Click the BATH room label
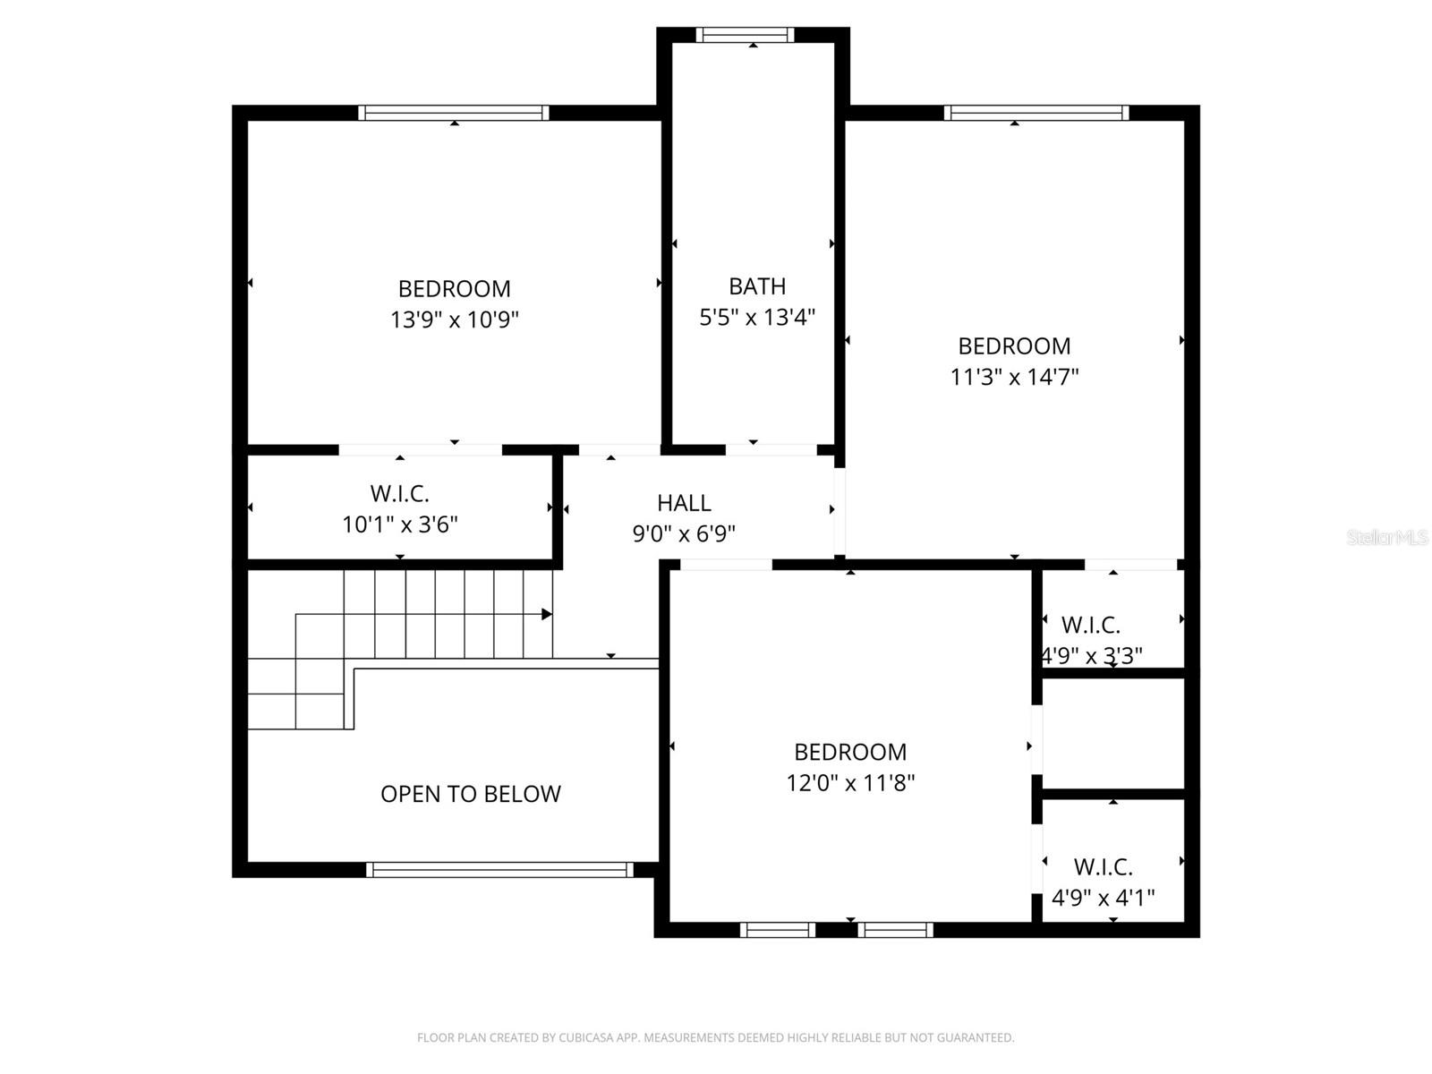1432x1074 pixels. click(757, 286)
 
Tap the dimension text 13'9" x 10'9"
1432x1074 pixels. click(455, 320)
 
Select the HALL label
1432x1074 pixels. click(684, 503)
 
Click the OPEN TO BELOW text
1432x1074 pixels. click(471, 794)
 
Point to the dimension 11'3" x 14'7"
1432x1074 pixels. click(1014, 377)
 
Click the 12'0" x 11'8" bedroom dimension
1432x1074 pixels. click(850, 783)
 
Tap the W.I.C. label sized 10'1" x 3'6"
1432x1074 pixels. click(400, 493)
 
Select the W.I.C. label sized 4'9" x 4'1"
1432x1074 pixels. click(1103, 866)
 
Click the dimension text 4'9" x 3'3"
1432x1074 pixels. click(1092, 656)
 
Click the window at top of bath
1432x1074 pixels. click(745, 35)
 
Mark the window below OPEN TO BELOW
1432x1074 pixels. click(499, 869)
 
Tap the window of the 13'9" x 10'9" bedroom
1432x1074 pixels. click(454, 113)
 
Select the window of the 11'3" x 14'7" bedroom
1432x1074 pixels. click(1036, 113)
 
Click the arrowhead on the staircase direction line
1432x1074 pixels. click(547, 614)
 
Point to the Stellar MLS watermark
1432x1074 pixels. click(1386, 537)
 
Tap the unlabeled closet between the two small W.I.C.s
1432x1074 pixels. click(1113, 734)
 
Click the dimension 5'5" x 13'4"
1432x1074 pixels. click(757, 317)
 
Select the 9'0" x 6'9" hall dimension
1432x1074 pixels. click(684, 534)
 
